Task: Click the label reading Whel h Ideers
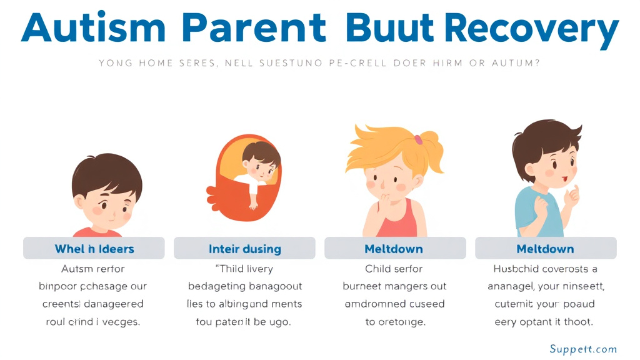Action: point(94,249)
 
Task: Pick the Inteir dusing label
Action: point(244,249)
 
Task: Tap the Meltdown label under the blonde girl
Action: point(394,249)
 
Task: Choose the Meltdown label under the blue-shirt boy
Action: point(545,249)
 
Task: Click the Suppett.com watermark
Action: point(583,349)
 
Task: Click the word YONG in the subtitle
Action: point(115,63)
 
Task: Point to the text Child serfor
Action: point(394,269)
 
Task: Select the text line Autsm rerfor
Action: point(93,269)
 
